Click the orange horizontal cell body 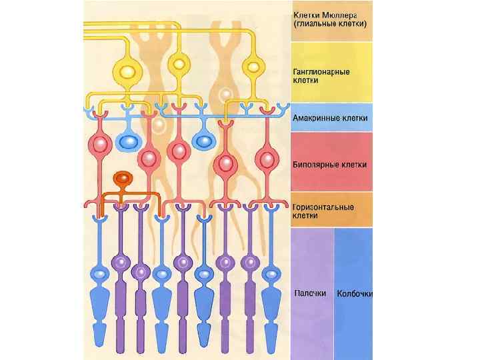click(x=122, y=179)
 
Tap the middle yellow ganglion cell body click(x=178, y=65)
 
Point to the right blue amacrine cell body click(x=202, y=141)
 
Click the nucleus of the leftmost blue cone click(x=99, y=274)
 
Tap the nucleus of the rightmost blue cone click(x=272, y=274)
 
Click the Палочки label click(x=310, y=293)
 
